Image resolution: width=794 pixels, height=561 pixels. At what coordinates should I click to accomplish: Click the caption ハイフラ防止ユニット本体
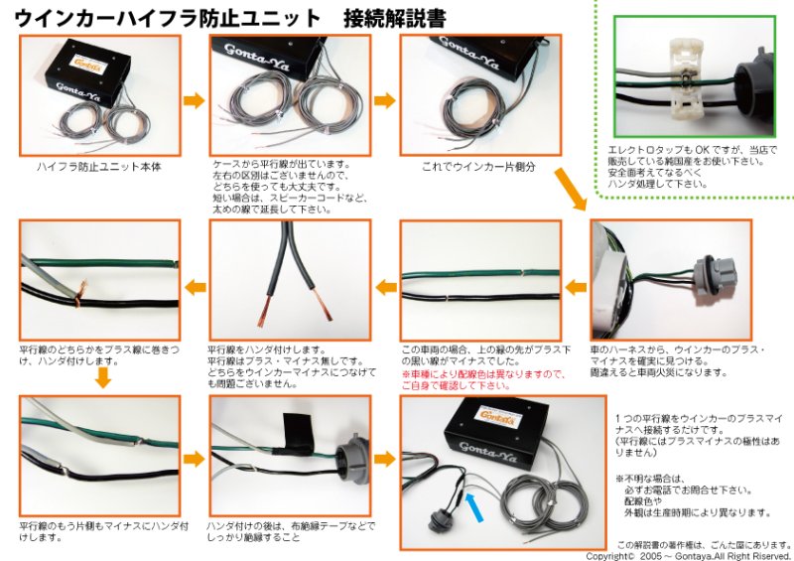98,167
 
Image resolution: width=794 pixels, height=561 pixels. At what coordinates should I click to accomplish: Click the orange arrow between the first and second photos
195,99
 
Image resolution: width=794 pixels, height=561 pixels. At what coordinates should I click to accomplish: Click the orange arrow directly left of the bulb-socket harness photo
576,288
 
